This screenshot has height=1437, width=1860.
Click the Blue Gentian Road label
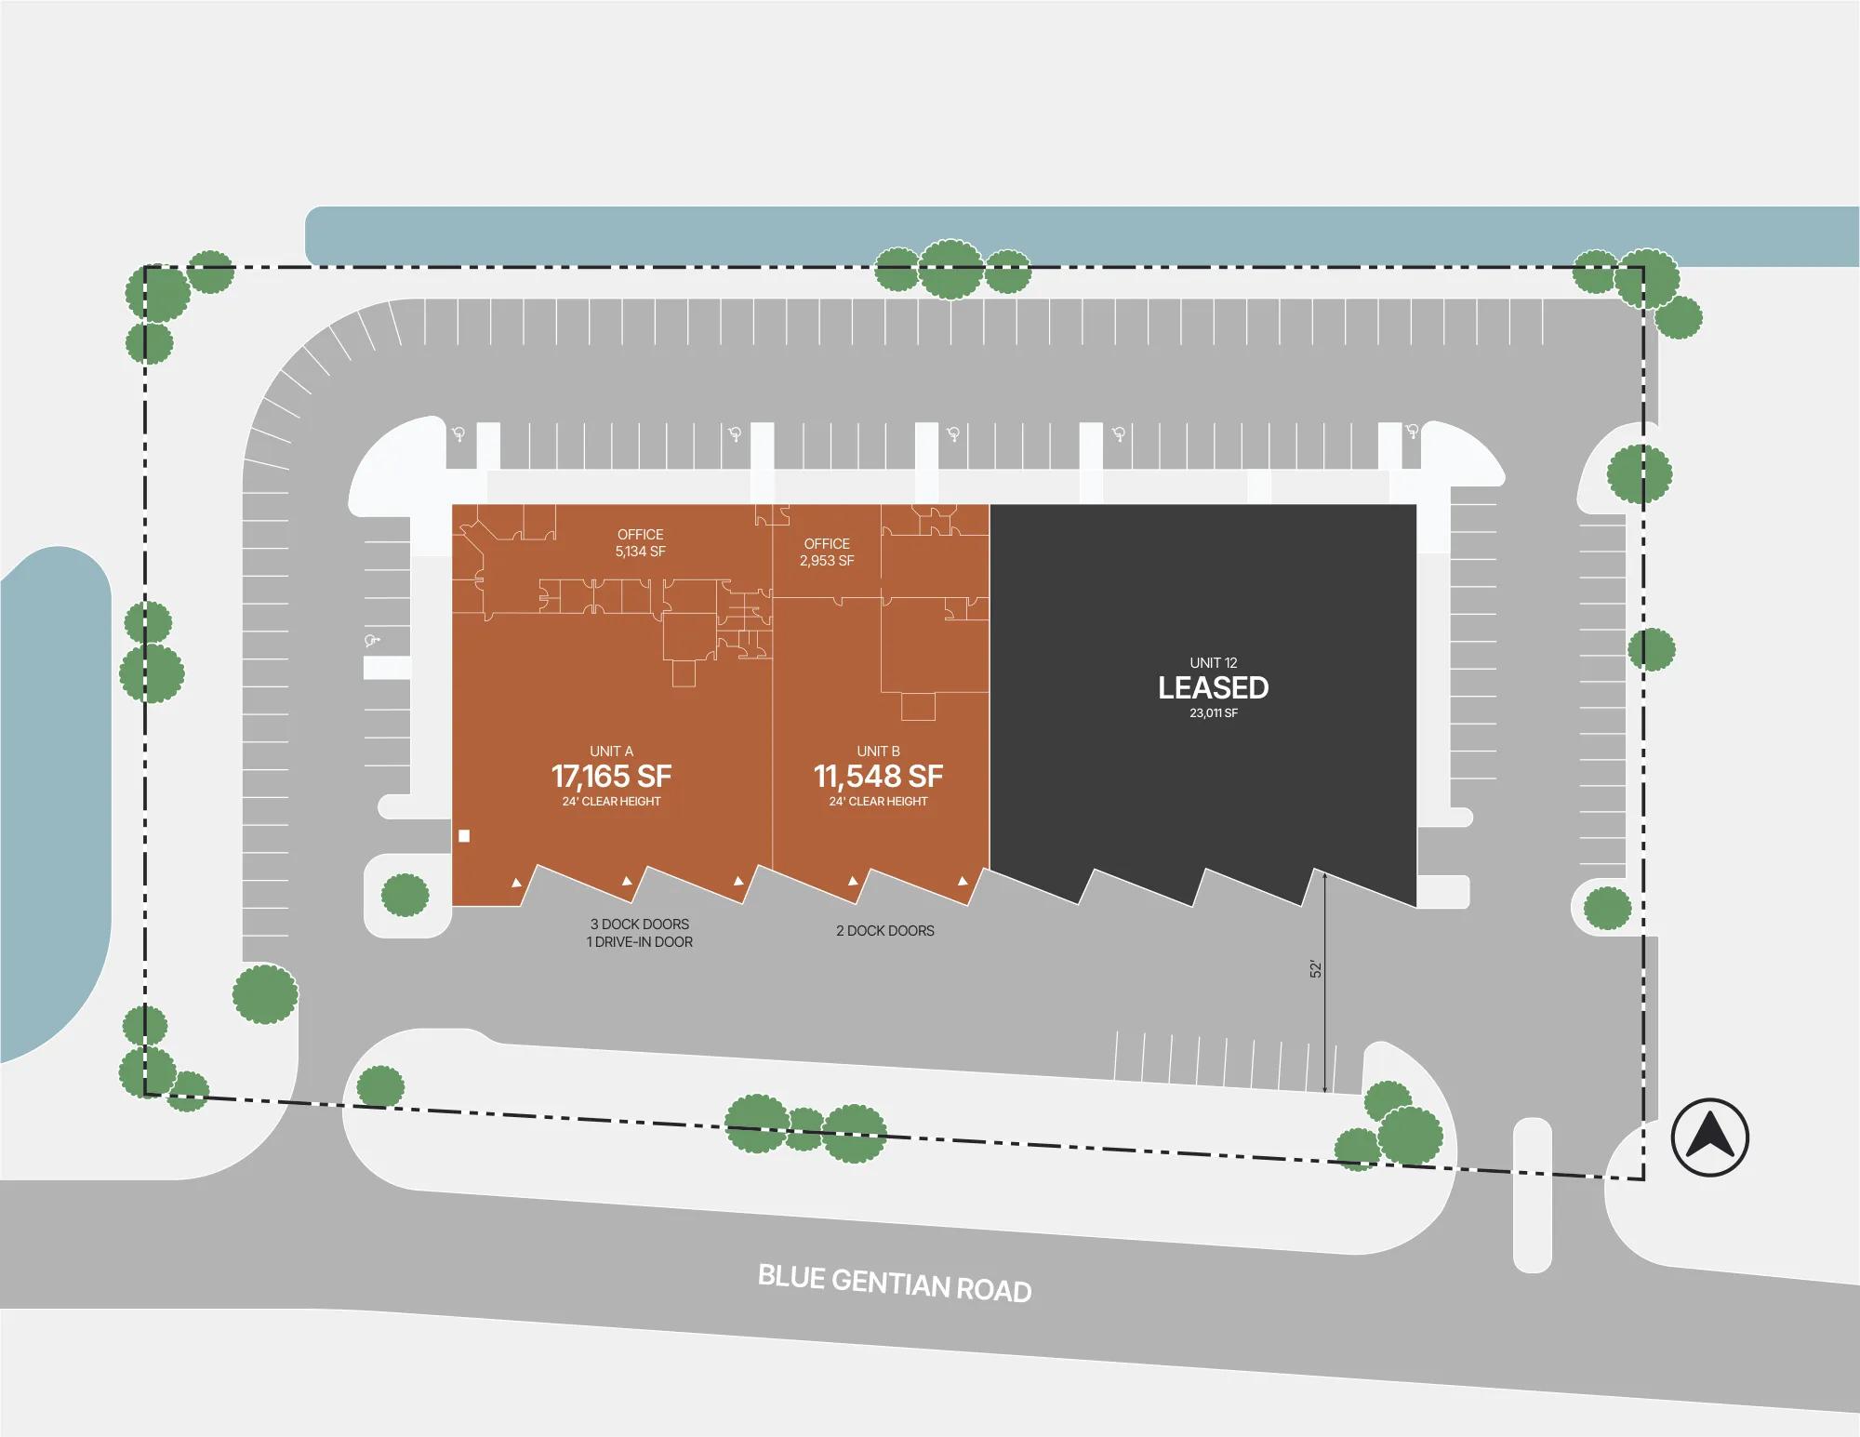pyautogui.click(x=895, y=1284)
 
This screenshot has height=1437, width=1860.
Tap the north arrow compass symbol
pyautogui.click(x=1709, y=1138)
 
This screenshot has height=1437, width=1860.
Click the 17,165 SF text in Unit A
pyautogui.click(x=611, y=776)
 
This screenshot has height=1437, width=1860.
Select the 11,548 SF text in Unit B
pyautogui.click(x=878, y=776)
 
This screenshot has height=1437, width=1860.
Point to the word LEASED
pyautogui.click(x=1214, y=687)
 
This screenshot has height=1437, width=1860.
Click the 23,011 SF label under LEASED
pyautogui.click(x=1214, y=713)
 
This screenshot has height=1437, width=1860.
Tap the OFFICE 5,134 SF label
pyautogui.click(x=641, y=543)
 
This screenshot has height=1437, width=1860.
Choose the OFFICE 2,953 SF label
pyautogui.click(x=827, y=552)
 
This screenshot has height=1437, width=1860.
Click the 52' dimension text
pyautogui.click(x=1316, y=969)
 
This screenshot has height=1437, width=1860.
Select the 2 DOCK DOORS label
pyautogui.click(x=885, y=930)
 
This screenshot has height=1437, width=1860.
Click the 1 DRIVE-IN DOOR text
pyautogui.click(x=640, y=942)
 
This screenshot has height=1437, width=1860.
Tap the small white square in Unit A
pyautogui.click(x=464, y=836)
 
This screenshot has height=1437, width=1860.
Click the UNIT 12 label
pyautogui.click(x=1214, y=663)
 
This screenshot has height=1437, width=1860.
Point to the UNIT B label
pyautogui.click(x=878, y=752)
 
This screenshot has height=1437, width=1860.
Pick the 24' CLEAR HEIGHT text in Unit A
pyautogui.click(x=611, y=802)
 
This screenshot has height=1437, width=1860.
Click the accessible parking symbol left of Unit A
pyautogui.click(x=374, y=640)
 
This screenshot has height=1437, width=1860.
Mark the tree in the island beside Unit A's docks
pyautogui.click(x=405, y=896)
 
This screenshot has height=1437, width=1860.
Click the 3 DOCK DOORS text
pyautogui.click(x=640, y=925)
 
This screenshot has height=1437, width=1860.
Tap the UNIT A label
pyautogui.click(x=611, y=752)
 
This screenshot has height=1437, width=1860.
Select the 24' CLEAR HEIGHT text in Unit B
pyautogui.click(x=878, y=802)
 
